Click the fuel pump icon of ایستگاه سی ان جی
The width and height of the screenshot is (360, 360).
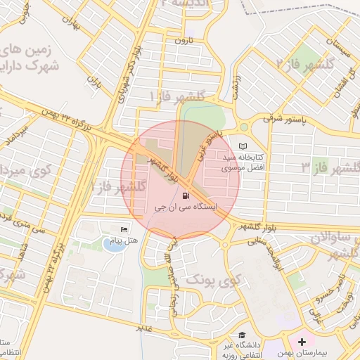coord(185,196)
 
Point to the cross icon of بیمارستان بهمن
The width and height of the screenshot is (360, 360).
coord(302,342)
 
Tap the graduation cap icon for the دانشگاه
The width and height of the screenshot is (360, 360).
coord(242,335)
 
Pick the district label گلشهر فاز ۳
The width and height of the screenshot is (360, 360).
coord(330,167)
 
